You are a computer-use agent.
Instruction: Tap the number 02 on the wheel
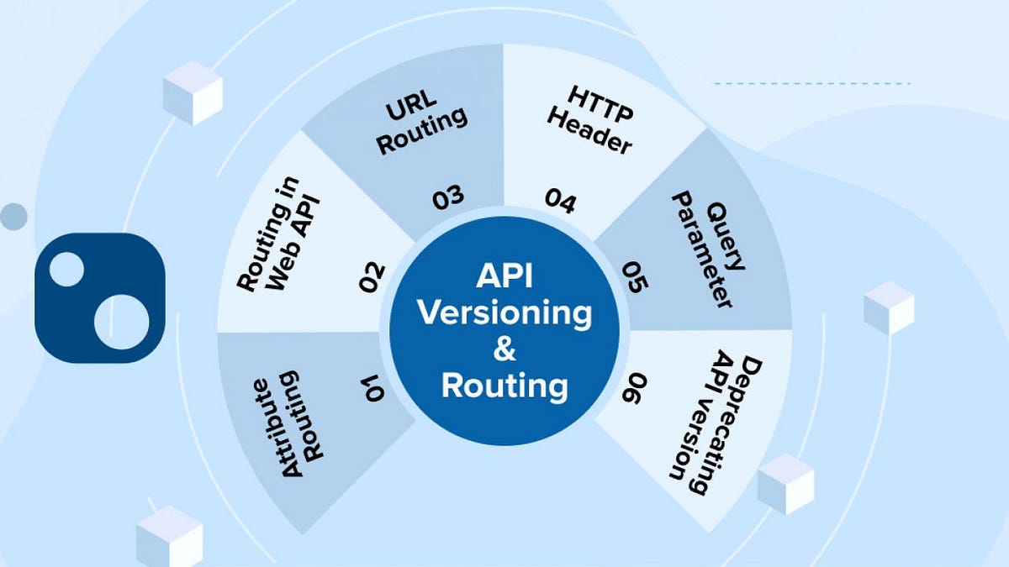coord(372,276)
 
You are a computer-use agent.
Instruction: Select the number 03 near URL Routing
coord(448,198)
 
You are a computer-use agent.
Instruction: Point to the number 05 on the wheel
coord(635,276)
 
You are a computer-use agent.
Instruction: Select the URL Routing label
coord(420,129)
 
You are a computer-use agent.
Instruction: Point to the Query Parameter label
coord(705,252)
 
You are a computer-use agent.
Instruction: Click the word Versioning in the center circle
coord(504,313)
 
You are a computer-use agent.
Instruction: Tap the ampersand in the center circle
coord(504,349)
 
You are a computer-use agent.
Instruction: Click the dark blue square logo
coord(99,298)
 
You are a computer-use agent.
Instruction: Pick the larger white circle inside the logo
coord(121,322)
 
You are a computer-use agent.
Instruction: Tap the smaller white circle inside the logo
coord(67,269)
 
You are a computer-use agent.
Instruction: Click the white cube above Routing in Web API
coord(193,92)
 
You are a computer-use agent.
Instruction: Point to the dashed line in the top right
coord(812,84)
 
